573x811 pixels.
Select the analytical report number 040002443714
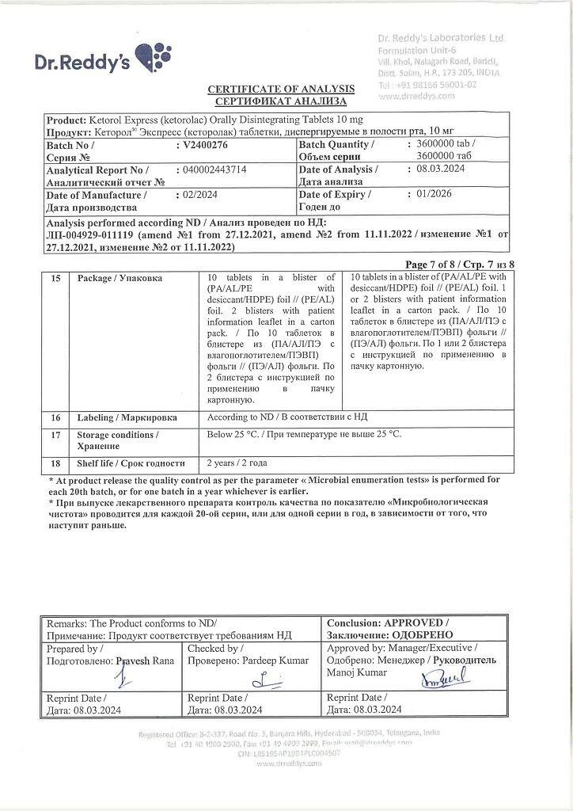coord(215,170)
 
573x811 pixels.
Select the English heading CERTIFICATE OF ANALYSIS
coord(281,89)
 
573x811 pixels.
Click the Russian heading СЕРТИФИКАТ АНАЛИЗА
coord(281,101)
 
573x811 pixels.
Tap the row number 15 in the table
coord(55,278)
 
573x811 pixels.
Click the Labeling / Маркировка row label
coord(127,417)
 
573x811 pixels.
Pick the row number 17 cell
coord(55,435)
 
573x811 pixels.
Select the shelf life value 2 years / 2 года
coord(237,463)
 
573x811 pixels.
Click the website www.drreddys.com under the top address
coord(417,96)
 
